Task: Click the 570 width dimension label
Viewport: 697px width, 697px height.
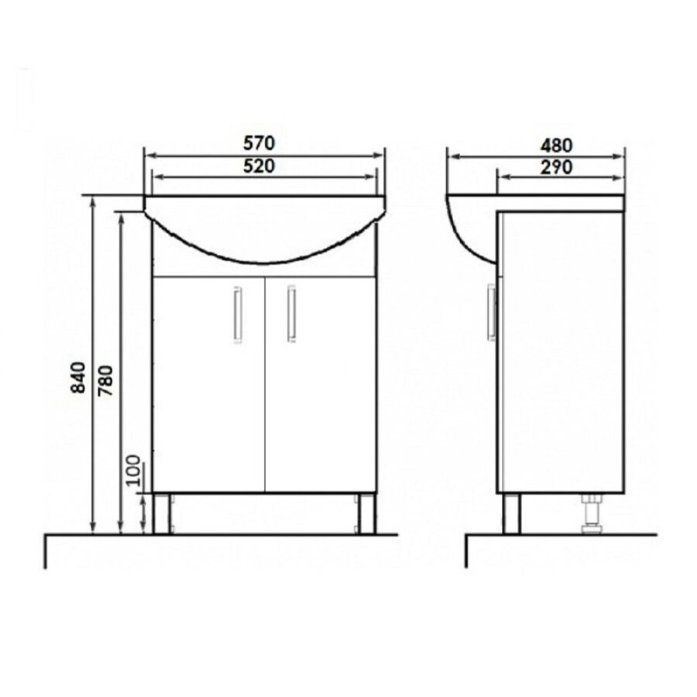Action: [259, 143]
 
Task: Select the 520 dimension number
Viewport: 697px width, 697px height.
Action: [259, 167]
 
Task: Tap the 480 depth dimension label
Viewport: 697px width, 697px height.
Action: [556, 146]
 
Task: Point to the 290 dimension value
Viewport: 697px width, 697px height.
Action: [556, 167]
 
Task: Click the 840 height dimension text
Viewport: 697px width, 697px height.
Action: [78, 377]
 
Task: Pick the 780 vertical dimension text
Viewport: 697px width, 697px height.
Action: [106, 380]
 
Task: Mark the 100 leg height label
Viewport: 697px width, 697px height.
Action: [133, 471]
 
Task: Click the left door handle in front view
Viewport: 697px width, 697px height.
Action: [238, 314]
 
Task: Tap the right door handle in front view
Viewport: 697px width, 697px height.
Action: [292, 314]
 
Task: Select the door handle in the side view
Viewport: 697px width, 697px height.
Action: [491, 313]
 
